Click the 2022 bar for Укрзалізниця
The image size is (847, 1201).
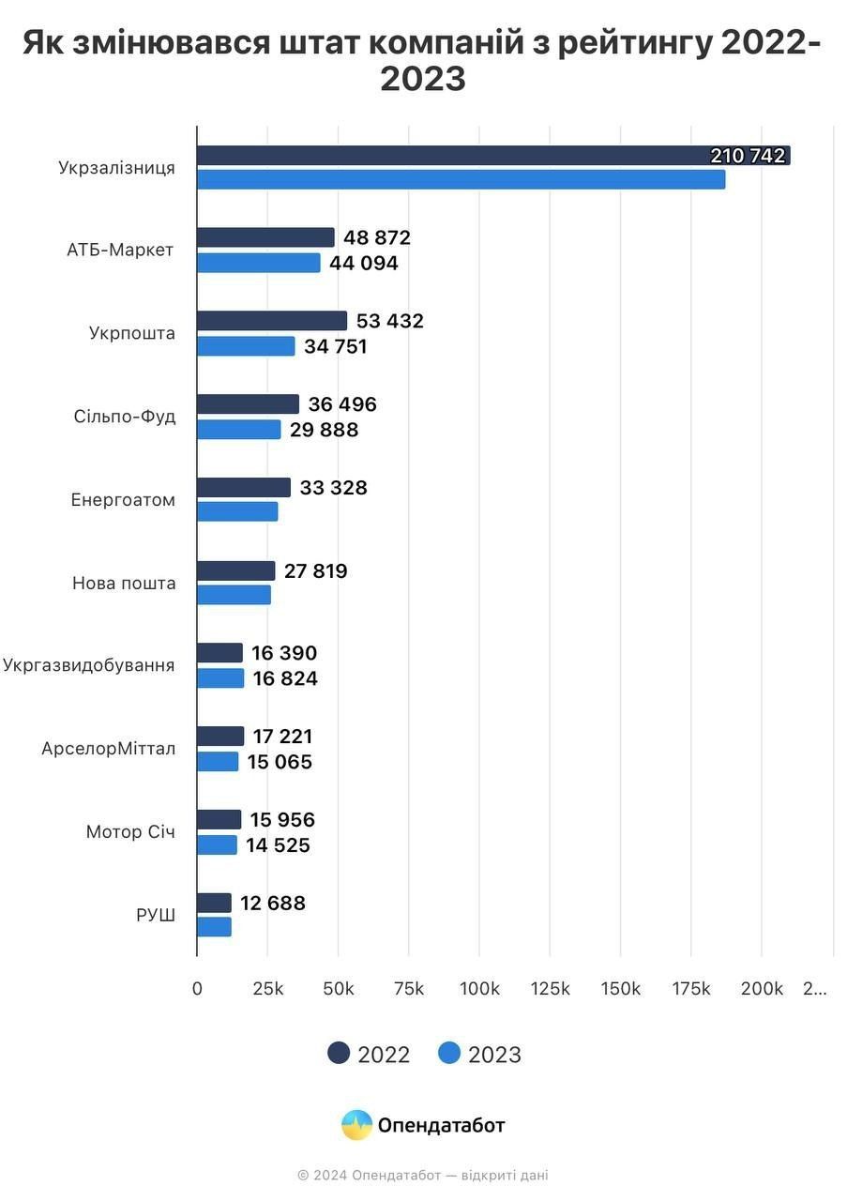pyautogui.click(x=450, y=156)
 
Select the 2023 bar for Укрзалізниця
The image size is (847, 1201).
pyautogui.click(x=461, y=179)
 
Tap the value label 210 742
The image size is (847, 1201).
pyautogui.click(x=748, y=157)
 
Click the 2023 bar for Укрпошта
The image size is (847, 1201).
pyautogui.click(x=246, y=346)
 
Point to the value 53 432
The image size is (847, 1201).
pyautogui.click(x=389, y=321)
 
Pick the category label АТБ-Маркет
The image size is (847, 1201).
pyautogui.click(x=120, y=251)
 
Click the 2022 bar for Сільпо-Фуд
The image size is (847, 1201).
pyautogui.click(x=248, y=404)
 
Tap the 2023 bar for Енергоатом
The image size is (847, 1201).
pyautogui.click(x=237, y=512)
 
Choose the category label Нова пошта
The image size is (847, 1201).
pyautogui.click(x=124, y=584)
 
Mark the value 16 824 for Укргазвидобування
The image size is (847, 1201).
pyautogui.click(x=285, y=678)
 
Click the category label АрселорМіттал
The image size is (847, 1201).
pyautogui.click(x=108, y=750)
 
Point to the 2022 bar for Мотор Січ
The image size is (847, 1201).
pyautogui.click(x=219, y=820)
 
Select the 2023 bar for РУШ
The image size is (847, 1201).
pyautogui.click(x=214, y=927)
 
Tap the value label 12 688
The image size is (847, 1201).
pyautogui.click(x=272, y=904)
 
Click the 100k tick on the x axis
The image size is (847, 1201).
pyautogui.click(x=479, y=989)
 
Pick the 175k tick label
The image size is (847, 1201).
pyautogui.click(x=691, y=989)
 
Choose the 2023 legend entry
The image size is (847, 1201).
pyautogui.click(x=479, y=1055)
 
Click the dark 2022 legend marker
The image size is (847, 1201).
pyautogui.click(x=339, y=1054)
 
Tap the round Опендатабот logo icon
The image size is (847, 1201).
pyautogui.click(x=356, y=1125)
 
